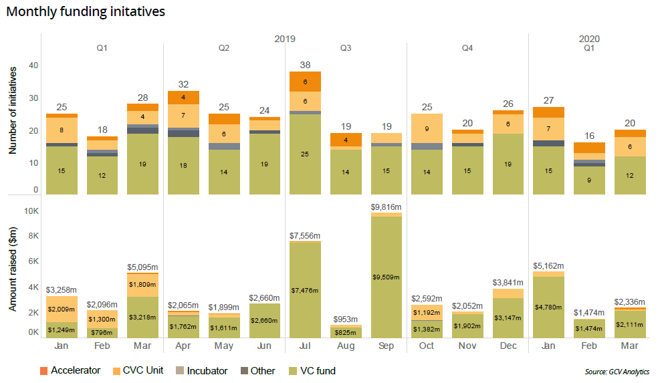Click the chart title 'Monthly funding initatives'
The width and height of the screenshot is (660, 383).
tap(86, 11)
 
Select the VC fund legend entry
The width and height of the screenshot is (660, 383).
tap(316, 370)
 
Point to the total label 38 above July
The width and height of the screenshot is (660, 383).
tap(305, 64)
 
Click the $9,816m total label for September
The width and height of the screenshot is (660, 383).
tap(386, 207)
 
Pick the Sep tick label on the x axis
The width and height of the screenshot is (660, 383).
tap(386, 346)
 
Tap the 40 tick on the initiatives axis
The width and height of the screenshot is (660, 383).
tap(34, 65)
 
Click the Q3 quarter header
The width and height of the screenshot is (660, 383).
tap(346, 48)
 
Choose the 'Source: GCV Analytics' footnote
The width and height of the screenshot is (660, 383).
tap(616, 372)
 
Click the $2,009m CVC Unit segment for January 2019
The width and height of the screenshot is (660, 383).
tap(62, 309)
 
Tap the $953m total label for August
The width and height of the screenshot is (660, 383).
tap(346, 319)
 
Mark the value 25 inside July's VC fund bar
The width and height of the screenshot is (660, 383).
tap(305, 154)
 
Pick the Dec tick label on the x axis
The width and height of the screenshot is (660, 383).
tap(508, 346)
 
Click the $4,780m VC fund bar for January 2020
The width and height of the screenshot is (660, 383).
tap(548, 307)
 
